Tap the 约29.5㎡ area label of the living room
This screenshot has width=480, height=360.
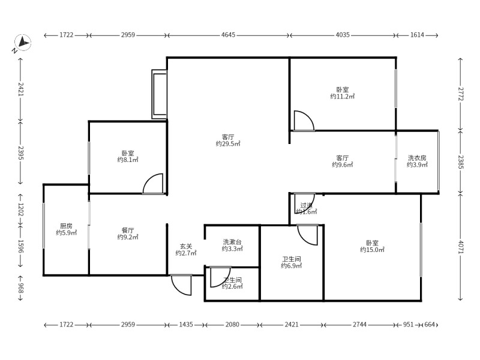[228, 144]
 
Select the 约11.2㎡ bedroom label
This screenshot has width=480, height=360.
[342, 96]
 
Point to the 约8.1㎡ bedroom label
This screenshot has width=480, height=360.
[128, 160]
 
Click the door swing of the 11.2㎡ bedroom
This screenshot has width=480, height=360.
[304, 121]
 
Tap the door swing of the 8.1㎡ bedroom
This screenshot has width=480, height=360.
[154, 184]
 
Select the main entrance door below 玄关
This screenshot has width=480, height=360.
[181, 284]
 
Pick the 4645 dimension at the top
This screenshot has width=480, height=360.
[228, 35]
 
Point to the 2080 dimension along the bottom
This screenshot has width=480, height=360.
[232, 325]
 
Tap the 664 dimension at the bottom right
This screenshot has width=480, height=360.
[430, 325]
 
